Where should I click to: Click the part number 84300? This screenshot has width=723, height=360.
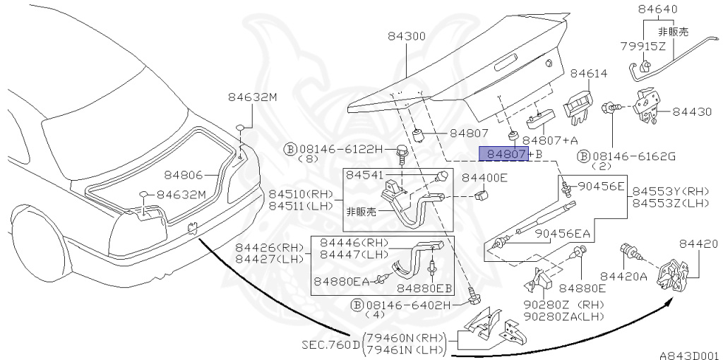[406, 36]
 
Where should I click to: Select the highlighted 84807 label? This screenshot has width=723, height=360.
[504, 154]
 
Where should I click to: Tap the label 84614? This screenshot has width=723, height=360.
[589, 73]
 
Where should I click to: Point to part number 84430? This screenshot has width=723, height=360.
[692, 112]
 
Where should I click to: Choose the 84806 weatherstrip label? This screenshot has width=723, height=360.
[184, 174]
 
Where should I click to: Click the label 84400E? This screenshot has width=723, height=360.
[484, 177]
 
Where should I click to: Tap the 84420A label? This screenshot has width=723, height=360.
[623, 276]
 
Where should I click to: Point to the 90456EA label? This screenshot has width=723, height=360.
[563, 234]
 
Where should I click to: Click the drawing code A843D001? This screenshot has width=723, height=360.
[689, 355]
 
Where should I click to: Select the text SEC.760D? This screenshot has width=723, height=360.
[330, 344]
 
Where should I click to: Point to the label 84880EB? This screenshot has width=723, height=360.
[424, 289]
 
